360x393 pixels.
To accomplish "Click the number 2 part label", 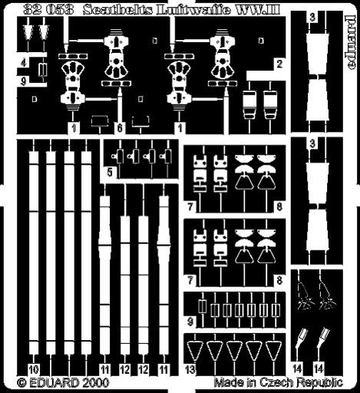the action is pyautogui.click(x=279, y=64).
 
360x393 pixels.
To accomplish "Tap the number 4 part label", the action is pyautogui.click(x=24, y=62).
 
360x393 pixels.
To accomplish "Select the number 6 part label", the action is pyautogui.click(x=120, y=127).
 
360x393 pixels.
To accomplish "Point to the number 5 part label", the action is pyautogui.click(x=110, y=173).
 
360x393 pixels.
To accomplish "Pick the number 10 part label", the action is pyautogui.click(x=34, y=369).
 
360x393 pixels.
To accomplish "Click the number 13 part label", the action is pyautogui.click(x=190, y=369).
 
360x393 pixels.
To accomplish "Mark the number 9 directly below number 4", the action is pyautogui.click(x=24, y=81).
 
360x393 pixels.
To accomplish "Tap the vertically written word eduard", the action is pyautogui.click(x=352, y=42).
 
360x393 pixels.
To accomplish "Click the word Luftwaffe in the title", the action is pyautogui.click(x=193, y=10).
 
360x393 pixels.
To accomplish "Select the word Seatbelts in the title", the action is pyautogui.click(x=118, y=10).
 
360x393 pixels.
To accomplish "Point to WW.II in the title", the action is pyautogui.click(x=258, y=10).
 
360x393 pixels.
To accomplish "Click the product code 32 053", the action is pyautogui.click(x=48, y=10).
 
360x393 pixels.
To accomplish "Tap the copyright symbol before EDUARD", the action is pyautogui.click(x=22, y=383).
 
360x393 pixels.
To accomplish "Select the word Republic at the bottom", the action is pyautogui.click(x=320, y=383).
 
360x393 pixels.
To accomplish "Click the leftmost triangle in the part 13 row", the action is pyautogui.click(x=195, y=351).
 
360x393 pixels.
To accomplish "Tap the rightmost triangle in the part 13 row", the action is pyautogui.click(x=273, y=351).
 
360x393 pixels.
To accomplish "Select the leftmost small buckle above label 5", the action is pyautogui.click(x=118, y=157).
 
